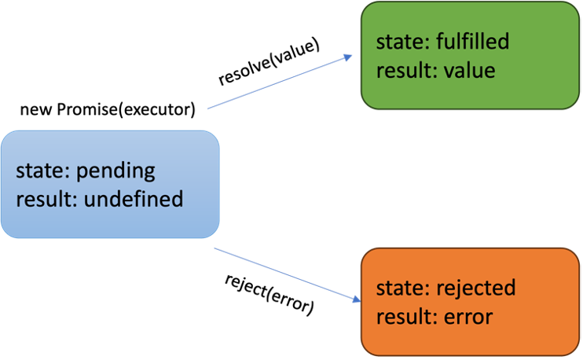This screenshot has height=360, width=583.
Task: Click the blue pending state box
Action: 109,184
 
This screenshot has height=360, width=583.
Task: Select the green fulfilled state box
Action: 470,55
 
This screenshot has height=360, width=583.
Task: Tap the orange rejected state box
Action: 470,302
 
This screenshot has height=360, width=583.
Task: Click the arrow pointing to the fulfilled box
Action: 279,82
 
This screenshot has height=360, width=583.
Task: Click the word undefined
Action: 134,199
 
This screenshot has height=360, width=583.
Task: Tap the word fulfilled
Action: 473,42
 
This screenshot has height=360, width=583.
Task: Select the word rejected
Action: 476,288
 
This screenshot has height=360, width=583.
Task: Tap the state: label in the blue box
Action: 43,171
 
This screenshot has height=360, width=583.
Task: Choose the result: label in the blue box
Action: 47,199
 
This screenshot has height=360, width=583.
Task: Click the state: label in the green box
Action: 403,42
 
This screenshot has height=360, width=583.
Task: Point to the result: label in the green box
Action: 406,70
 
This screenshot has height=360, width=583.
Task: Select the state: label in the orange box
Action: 403,288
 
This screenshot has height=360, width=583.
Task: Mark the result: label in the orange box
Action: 406,317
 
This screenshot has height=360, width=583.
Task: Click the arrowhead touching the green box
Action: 346,58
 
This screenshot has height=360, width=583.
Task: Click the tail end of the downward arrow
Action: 215,248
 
